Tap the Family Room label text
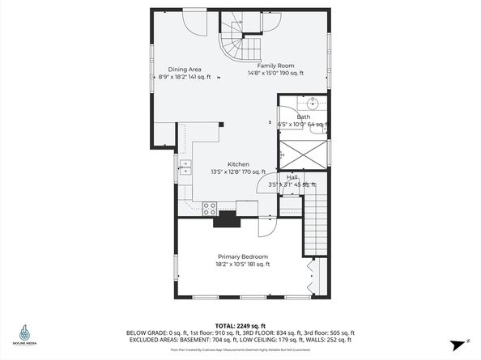point(275,65)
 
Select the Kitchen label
point(238,164)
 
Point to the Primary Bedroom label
point(242,256)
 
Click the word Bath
point(303,117)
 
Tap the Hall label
point(292,177)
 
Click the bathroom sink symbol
point(312,103)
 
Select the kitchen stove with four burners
point(209,207)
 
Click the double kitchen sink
point(185,168)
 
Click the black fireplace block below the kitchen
point(226,220)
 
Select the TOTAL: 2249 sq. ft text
point(240,324)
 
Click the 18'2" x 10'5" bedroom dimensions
point(242,264)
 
